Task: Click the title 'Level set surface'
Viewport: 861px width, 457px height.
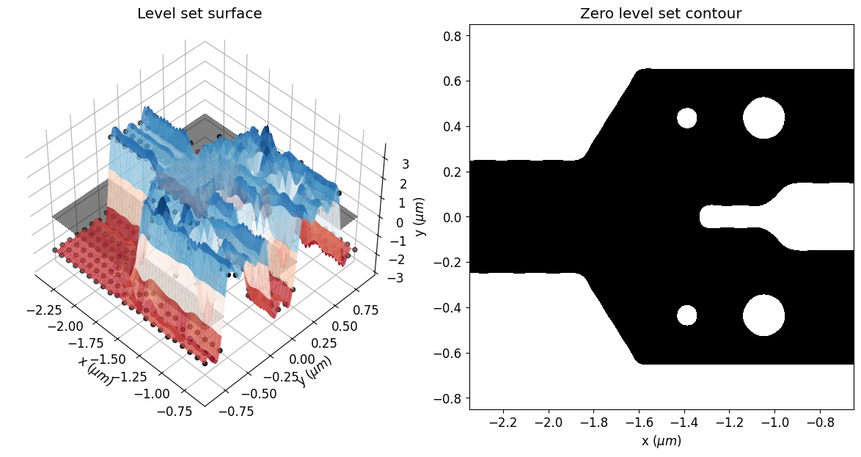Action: pos(199,13)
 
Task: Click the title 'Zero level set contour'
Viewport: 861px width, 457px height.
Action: pos(662,13)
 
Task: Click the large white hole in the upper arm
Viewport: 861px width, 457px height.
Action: pos(763,117)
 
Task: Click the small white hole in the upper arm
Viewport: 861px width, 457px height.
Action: pos(686,117)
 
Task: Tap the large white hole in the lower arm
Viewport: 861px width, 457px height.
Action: pos(763,315)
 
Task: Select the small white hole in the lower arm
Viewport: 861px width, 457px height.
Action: pos(686,315)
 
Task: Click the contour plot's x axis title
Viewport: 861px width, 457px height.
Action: pos(661,441)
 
